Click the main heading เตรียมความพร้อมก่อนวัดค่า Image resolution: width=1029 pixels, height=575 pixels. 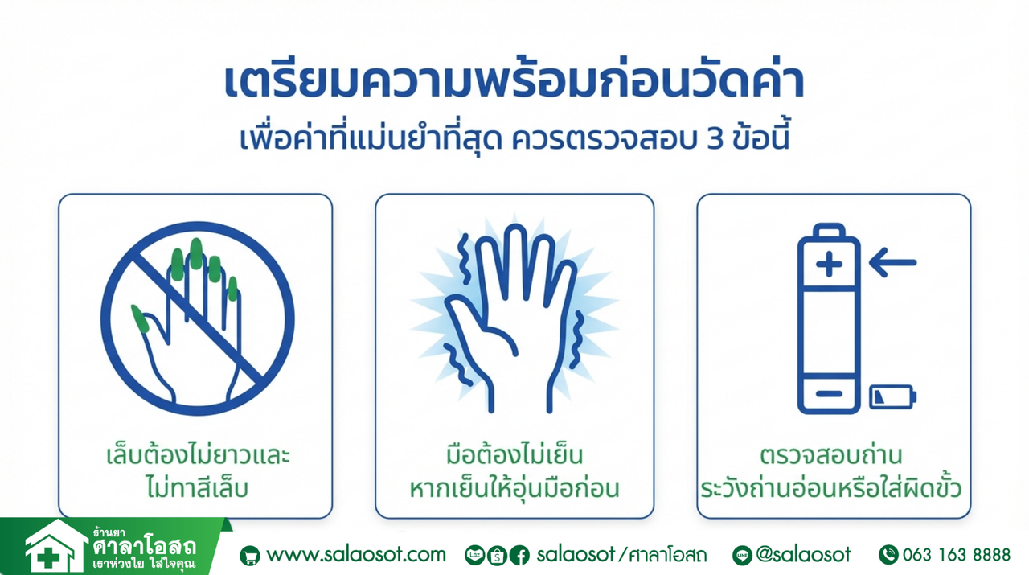(x=514, y=81)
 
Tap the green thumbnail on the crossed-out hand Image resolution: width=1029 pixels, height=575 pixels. (x=139, y=318)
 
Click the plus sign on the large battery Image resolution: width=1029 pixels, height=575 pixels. (x=829, y=265)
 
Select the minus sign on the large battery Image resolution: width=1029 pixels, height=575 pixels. (x=829, y=393)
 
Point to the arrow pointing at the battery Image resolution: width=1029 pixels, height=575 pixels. (x=892, y=262)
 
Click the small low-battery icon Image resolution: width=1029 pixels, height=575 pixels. (x=892, y=396)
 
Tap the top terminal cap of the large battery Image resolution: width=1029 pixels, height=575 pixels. (x=829, y=230)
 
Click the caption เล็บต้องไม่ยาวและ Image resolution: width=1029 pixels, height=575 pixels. (x=198, y=455)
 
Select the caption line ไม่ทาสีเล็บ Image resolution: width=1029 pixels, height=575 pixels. (x=197, y=487)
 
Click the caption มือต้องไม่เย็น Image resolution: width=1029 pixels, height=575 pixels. (x=514, y=455)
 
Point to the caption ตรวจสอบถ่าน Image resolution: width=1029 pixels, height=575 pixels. (x=831, y=455)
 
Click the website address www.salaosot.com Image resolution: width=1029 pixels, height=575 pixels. (x=356, y=555)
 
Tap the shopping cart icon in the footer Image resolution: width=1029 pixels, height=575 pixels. (x=249, y=556)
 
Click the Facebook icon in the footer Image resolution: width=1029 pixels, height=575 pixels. (x=519, y=555)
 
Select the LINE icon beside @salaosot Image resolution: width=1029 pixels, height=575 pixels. (x=742, y=555)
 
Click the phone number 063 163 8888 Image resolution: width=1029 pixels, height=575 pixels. (x=957, y=555)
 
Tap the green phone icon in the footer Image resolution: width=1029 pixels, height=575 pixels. (x=888, y=555)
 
